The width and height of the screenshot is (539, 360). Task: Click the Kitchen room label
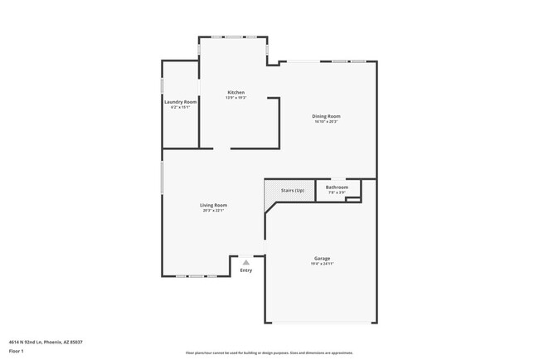pos(236,92)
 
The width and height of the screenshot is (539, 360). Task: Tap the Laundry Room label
pos(180,102)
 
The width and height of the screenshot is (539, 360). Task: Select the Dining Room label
pos(326,116)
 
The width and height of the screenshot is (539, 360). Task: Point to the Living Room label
pos(213,205)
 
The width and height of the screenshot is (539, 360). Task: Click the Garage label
pos(322,258)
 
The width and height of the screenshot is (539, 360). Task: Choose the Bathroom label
pos(337,187)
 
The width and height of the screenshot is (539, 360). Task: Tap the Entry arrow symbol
pos(245,262)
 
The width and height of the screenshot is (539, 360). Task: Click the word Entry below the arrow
pos(246,270)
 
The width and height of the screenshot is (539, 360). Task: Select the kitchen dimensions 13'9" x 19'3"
pos(236,98)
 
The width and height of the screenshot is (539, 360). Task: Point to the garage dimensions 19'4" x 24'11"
pos(322,264)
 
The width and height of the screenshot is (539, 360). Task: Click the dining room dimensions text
pos(326,122)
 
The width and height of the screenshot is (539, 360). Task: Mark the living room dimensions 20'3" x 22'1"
pos(213,211)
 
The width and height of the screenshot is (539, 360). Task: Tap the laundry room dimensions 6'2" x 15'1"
pos(180,107)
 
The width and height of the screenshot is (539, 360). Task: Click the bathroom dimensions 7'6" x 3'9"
pos(337,192)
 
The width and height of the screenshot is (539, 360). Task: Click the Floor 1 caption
pos(17,351)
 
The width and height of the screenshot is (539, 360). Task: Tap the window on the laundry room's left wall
pos(163,85)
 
